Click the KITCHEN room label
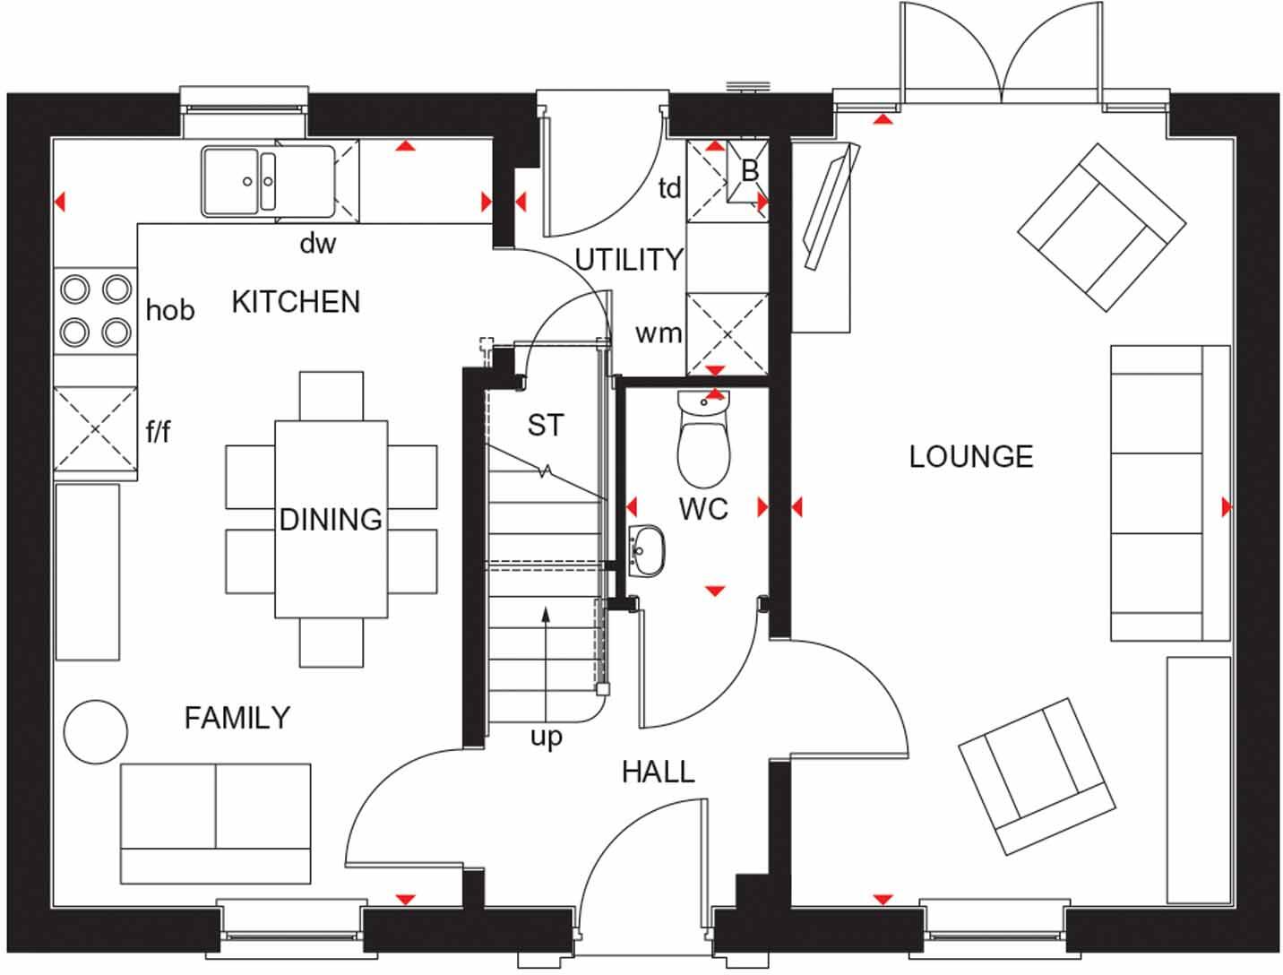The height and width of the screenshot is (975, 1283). [296, 302]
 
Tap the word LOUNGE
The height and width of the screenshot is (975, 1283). [970, 457]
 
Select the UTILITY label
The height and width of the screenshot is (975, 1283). [629, 260]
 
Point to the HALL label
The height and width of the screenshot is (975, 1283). [659, 772]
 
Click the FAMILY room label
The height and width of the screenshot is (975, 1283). [237, 718]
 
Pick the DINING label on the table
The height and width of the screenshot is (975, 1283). [331, 520]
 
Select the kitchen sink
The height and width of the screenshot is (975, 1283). [238, 181]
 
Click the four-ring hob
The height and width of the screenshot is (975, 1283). [95, 310]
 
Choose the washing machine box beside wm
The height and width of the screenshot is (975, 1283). [727, 334]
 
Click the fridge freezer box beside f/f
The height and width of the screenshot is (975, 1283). [95, 428]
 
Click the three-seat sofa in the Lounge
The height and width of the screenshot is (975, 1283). [1169, 493]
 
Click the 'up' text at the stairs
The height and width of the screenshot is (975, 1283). [546, 738]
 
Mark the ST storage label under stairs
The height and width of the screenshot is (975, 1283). [546, 425]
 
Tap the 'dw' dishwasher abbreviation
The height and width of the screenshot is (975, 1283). [317, 243]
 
